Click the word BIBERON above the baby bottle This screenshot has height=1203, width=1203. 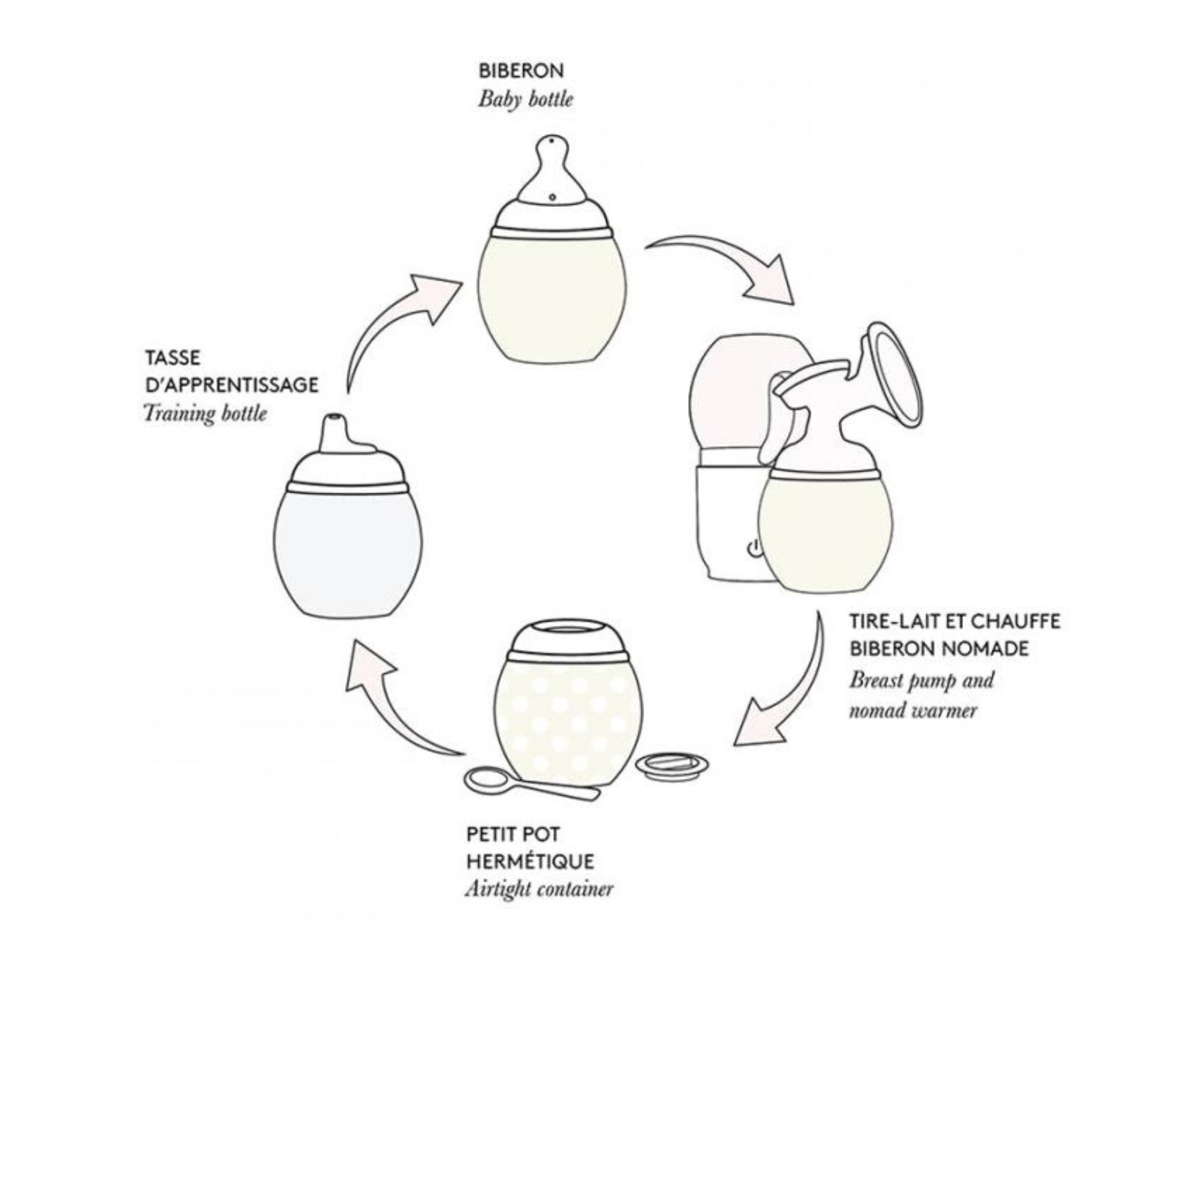click(520, 71)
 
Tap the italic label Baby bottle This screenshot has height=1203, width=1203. click(525, 100)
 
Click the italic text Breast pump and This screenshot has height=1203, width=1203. click(921, 679)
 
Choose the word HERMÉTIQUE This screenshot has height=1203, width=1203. click(530, 863)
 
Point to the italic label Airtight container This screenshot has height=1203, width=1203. click(538, 890)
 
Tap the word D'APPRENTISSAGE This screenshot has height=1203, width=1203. click(231, 386)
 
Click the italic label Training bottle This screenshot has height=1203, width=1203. click(205, 413)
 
